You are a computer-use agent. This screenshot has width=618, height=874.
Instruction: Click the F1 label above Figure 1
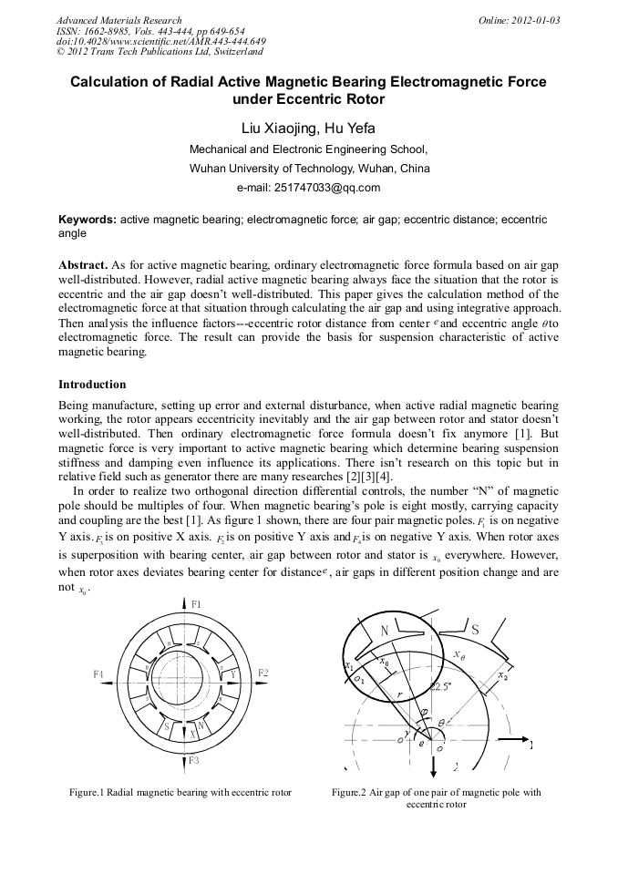coord(196,604)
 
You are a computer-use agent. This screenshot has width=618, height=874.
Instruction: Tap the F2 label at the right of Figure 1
coord(263,673)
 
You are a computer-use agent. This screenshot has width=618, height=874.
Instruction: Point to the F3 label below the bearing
coord(196,758)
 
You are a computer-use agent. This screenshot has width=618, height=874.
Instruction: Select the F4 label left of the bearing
coord(98,673)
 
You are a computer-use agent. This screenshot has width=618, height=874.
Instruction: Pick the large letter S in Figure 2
coord(475,628)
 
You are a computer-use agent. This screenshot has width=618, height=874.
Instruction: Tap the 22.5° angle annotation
coord(442,686)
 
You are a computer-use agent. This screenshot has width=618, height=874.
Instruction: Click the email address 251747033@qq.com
coord(308,188)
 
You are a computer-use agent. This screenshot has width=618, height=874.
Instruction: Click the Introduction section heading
coord(92,385)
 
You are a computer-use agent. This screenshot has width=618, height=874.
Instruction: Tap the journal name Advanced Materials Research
coord(118,20)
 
